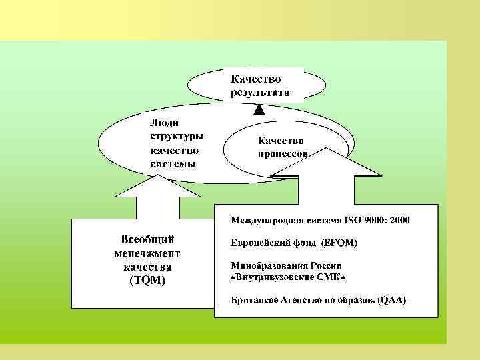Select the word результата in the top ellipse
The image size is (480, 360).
(x=260, y=92)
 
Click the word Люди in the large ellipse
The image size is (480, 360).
(x=163, y=123)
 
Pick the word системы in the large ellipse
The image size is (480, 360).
(x=173, y=164)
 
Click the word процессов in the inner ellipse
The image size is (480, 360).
(x=283, y=153)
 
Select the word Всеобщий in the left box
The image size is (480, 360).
(x=147, y=239)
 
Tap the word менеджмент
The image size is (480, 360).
(x=147, y=253)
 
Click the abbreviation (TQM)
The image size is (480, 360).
(x=147, y=281)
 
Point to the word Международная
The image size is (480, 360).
(x=269, y=219)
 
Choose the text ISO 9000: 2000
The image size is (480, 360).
(x=378, y=219)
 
